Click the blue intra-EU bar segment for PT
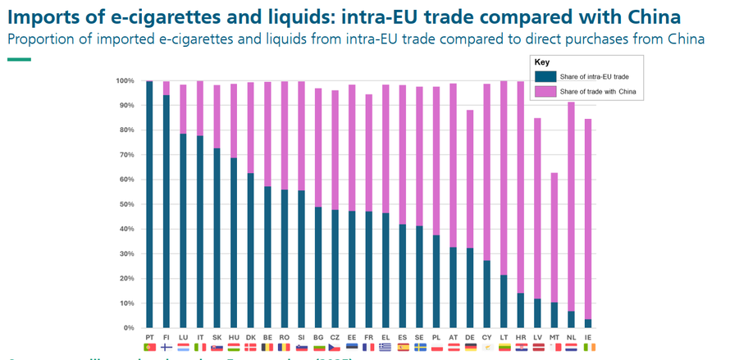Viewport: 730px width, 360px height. click(x=149, y=205)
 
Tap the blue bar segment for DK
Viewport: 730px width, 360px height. click(x=251, y=251)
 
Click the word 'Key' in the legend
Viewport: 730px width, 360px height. click(x=541, y=62)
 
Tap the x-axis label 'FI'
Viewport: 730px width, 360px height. click(x=167, y=337)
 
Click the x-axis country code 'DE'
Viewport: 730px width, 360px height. click(x=470, y=337)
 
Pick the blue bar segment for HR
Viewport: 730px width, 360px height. click(x=521, y=311)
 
